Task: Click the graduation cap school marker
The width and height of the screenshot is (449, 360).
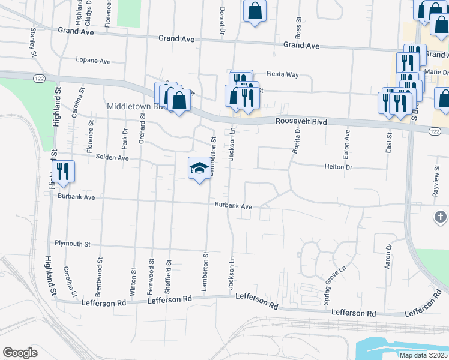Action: pyautogui.click(x=199, y=168)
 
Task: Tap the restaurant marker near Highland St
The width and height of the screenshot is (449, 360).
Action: pyautogui.click(x=63, y=172)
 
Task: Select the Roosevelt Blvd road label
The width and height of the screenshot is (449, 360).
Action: pyautogui.click(x=301, y=122)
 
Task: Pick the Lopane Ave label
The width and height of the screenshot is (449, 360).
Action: pyautogui.click(x=93, y=61)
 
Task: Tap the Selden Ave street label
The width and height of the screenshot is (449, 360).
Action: pyautogui.click(x=112, y=158)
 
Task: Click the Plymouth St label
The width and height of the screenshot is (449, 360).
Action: pyautogui.click(x=72, y=244)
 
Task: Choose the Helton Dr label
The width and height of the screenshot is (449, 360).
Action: pyautogui.click(x=339, y=167)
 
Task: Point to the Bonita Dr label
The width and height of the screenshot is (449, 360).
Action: pyautogui.click(x=297, y=140)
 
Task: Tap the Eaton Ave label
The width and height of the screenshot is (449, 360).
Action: pyautogui.click(x=346, y=145)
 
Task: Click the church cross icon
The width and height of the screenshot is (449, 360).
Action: pyautogui.click(x=439, y=217)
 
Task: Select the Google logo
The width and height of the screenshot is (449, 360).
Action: pyautogui.click(x=20, y=353)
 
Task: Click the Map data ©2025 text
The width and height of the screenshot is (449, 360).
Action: pyautogui.click(x=423, y=355)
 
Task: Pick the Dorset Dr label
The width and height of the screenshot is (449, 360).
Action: pyautogui.click(x=222, y=20)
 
